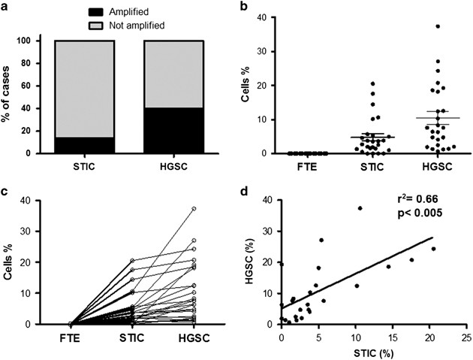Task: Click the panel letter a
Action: (x=8, y=8)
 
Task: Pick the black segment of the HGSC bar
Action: (x=170, y=130)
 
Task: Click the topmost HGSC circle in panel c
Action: (x=193, y=208)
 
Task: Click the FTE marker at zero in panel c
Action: (x=70, y=324)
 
